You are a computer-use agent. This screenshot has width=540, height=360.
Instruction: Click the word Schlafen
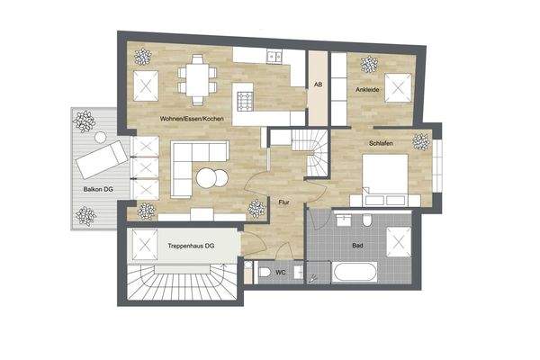coord(384,143)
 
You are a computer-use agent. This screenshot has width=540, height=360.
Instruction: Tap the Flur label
coord(284,202)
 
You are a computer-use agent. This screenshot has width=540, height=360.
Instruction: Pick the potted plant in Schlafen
coord(420,141)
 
